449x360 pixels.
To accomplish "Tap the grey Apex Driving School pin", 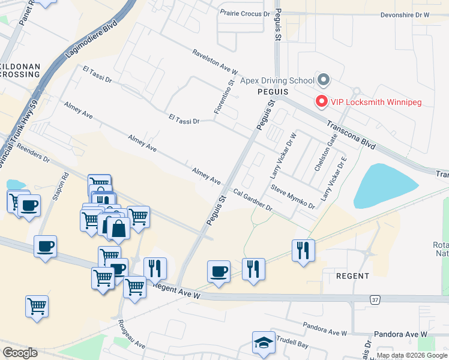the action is click(324, 79).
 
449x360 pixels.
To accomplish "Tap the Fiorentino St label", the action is click(224, 96).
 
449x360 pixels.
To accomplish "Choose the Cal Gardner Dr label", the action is click(253, 201).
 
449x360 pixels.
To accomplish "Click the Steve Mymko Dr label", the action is click(292, 197).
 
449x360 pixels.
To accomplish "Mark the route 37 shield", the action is click(375, 299).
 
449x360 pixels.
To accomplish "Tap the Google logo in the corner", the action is click(20, 353).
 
